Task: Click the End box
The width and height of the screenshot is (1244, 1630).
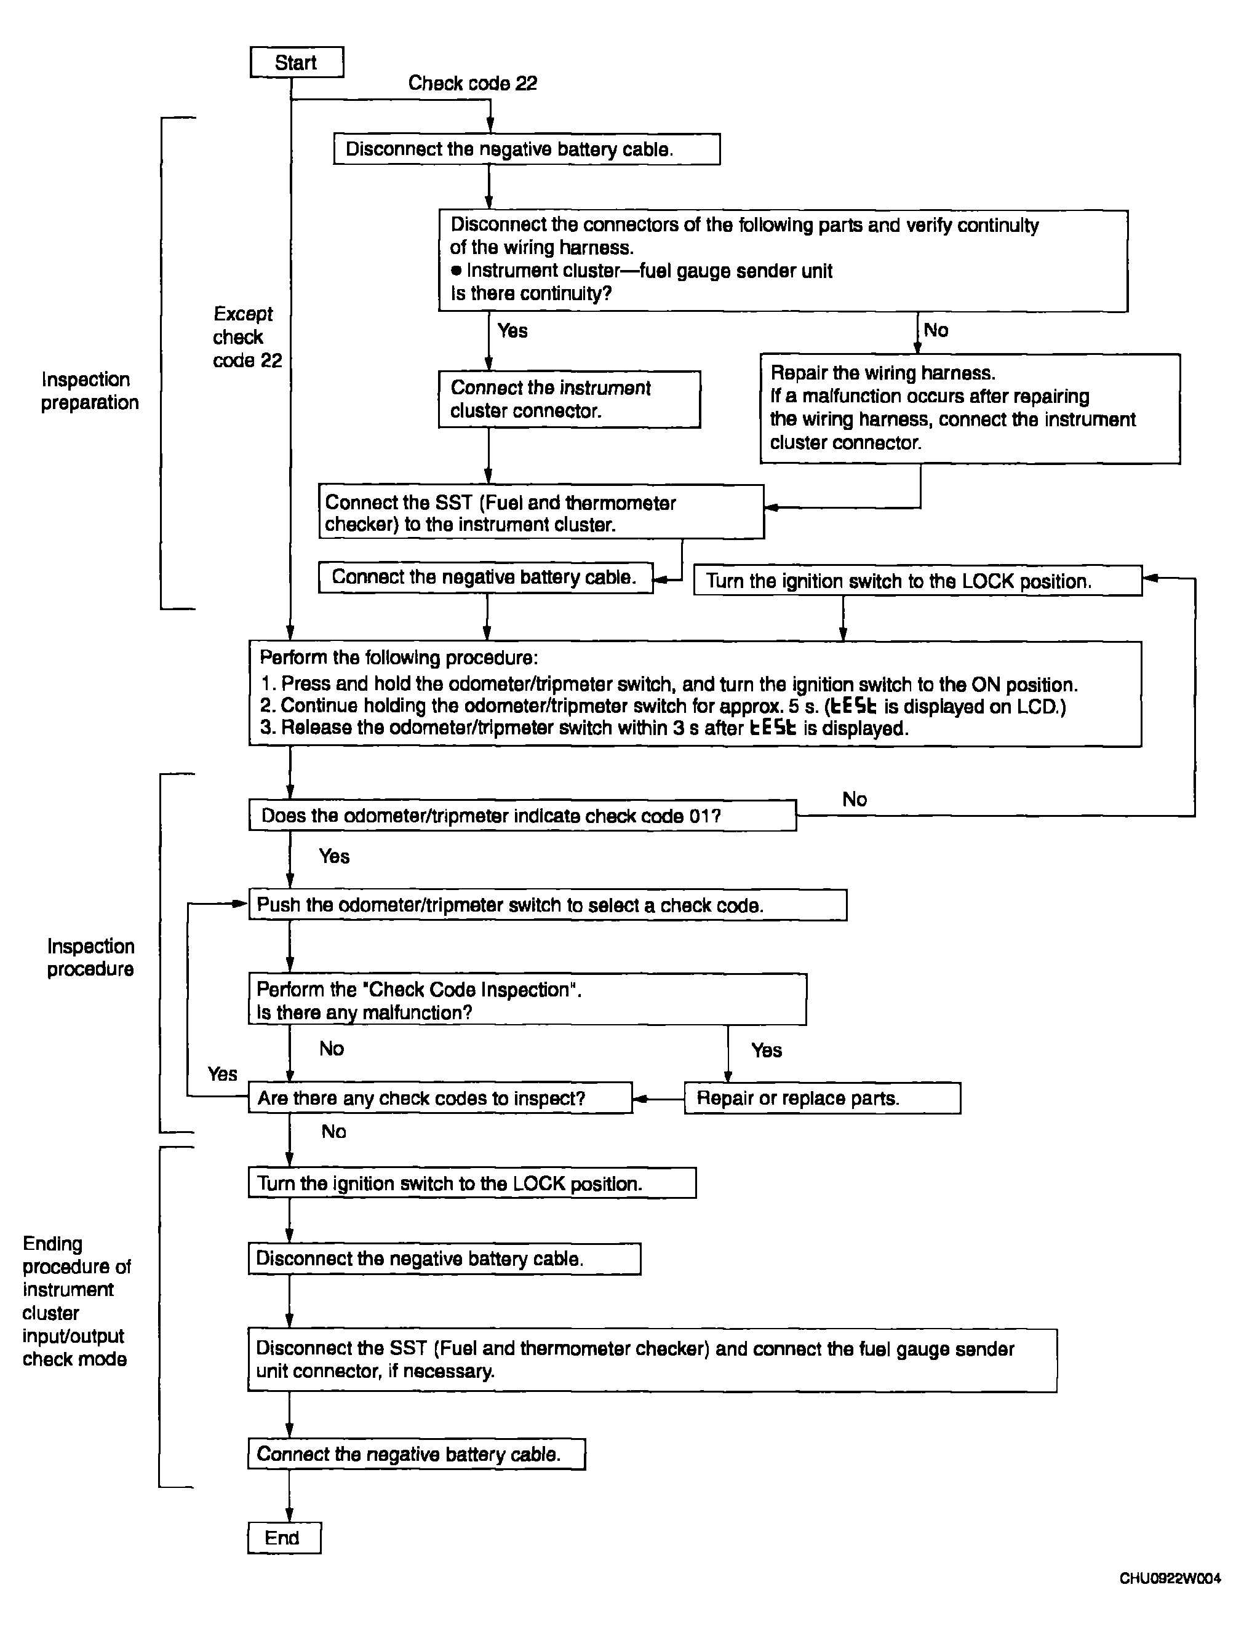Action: click(x=284, y=1538)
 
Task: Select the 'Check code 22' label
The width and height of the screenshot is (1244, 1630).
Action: click(x=472, y=83)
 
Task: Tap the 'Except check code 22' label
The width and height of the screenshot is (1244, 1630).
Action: click(x=247, y=337)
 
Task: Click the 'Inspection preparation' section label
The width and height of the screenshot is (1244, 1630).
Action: click(x=90, y=391)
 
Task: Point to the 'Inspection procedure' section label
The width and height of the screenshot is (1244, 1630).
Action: click(x=90, y=957)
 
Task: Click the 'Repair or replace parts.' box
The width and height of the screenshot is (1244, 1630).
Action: click(x=822, y=1098)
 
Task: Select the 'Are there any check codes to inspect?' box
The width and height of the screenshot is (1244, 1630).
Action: click(x=440, y=1098)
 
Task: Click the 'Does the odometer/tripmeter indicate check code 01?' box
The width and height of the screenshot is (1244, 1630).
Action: click(x=522, y=815)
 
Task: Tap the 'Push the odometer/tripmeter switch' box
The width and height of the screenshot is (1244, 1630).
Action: click(x=547, y=905)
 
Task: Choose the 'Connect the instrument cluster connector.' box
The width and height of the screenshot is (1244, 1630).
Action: click(x=568, y=399)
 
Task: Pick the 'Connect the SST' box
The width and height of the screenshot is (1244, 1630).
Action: click(x=541, y=512)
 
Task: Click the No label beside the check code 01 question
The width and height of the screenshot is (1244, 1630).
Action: click(x=855, y=800)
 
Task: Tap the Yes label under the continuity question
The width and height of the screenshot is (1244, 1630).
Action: click(x=512, y=330)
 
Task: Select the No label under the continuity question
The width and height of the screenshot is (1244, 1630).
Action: click(x=936, y=330)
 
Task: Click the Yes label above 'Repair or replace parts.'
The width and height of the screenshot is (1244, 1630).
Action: click(x=767, y=1051)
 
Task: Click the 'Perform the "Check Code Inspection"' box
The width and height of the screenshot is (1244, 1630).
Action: click(x=527, y=1000)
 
